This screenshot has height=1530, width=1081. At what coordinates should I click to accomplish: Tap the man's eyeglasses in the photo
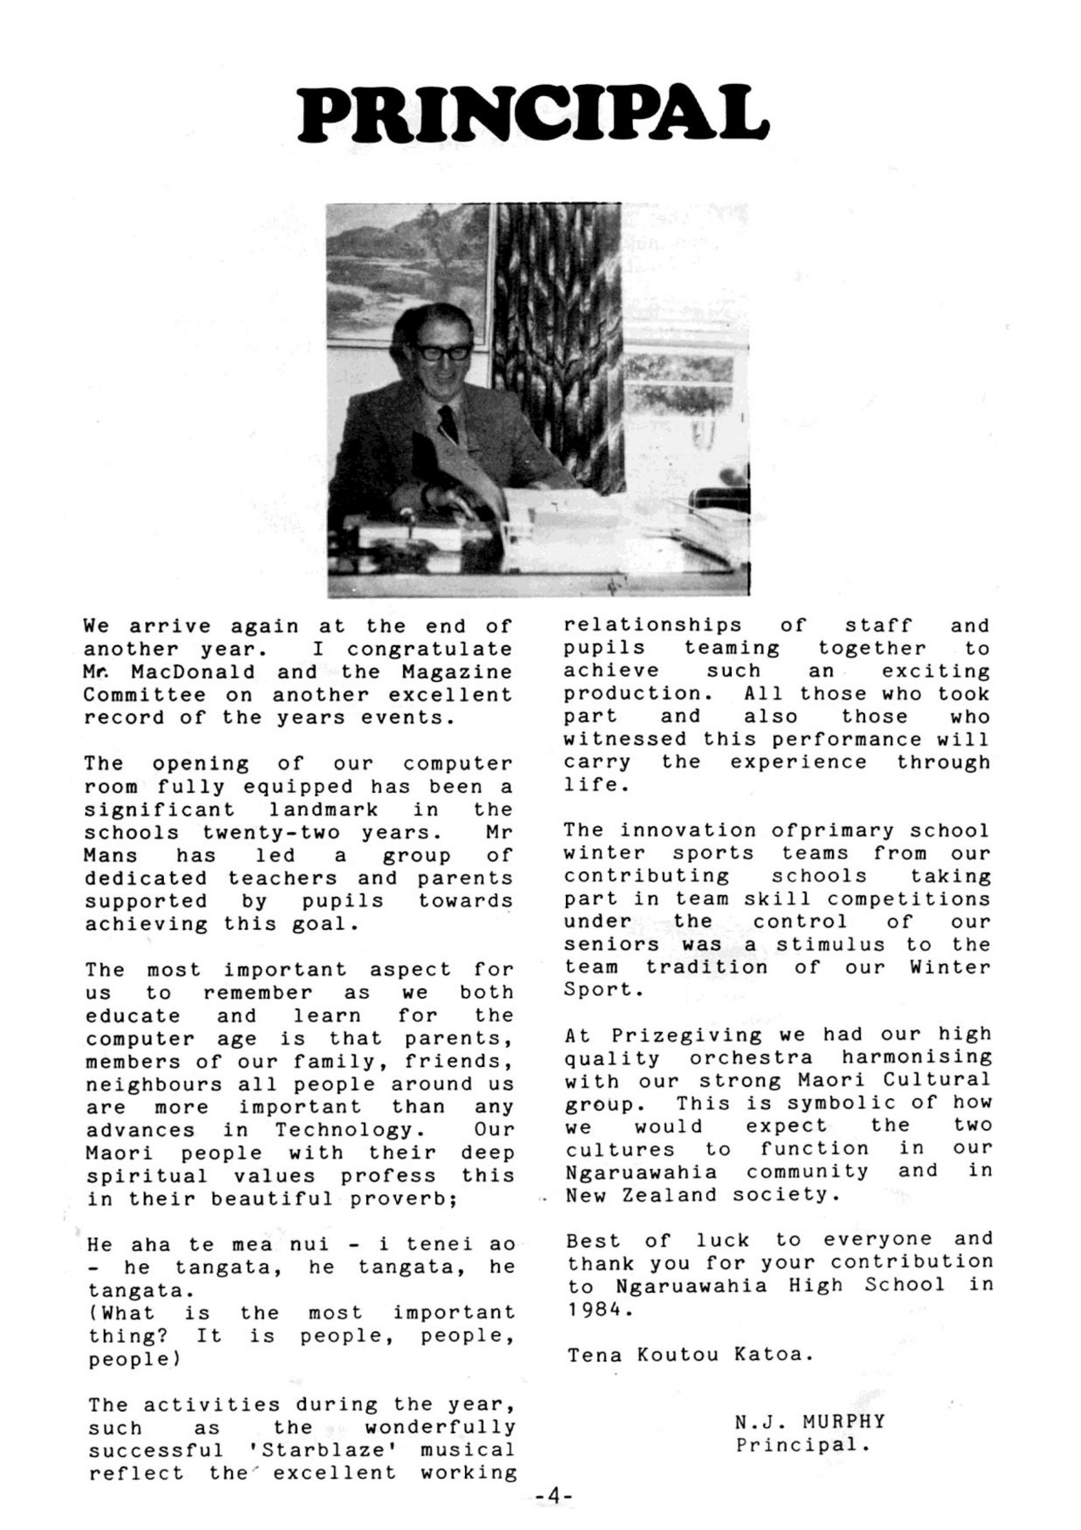click(x=441, y=350)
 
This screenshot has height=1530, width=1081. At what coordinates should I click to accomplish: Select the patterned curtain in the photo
click(x=558, y=340)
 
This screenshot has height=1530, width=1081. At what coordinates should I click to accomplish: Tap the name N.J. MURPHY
click(x=810, y=1421)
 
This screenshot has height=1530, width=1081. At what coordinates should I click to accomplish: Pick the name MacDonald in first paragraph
click(x=193, y=671)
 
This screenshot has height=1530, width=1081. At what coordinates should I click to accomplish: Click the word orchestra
click(x=750, y=1057)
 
